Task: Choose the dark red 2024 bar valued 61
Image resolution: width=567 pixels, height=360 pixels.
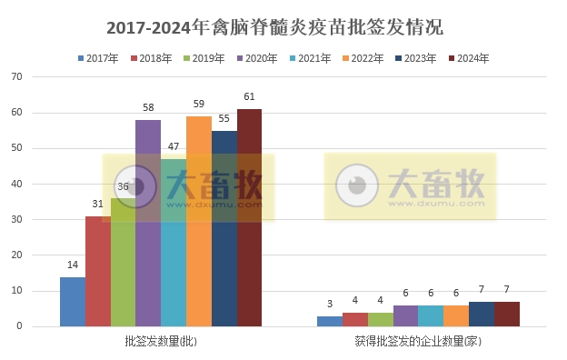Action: click(249, 218)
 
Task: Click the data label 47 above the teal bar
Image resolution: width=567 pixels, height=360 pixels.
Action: click(173, 146)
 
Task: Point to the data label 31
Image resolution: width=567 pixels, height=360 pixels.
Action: click(97, 204)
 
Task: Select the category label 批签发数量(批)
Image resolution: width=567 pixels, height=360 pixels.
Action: click(161, 342)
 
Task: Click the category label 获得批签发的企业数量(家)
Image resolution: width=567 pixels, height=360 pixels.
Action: click(418, 342)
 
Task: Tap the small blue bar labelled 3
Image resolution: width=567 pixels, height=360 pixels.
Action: click(330, 321)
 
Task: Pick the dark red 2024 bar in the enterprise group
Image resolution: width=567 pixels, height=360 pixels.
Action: click(507, 315)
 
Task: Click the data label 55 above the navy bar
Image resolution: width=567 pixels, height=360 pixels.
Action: click(224, 118)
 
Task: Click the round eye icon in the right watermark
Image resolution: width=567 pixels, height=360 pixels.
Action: click(357, 185)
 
